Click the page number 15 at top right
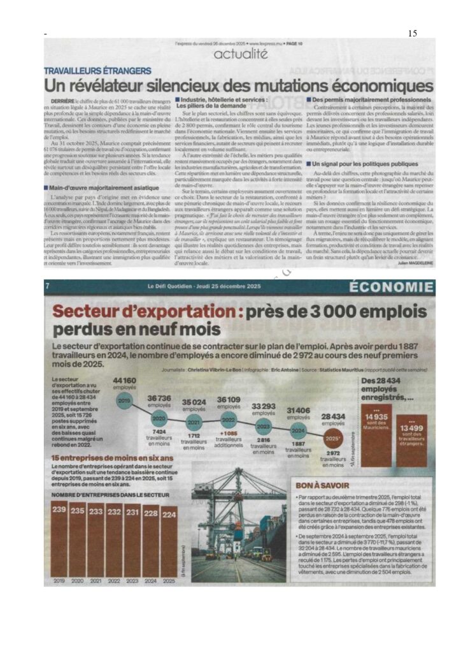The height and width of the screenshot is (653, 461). click(412, 33)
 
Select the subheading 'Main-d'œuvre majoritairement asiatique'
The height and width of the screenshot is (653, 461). click(94, 186)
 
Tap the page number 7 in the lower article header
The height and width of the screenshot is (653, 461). click(48, 287)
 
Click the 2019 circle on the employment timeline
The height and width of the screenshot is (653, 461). click(124, 400)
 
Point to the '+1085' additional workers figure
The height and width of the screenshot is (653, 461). click(227, 434)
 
